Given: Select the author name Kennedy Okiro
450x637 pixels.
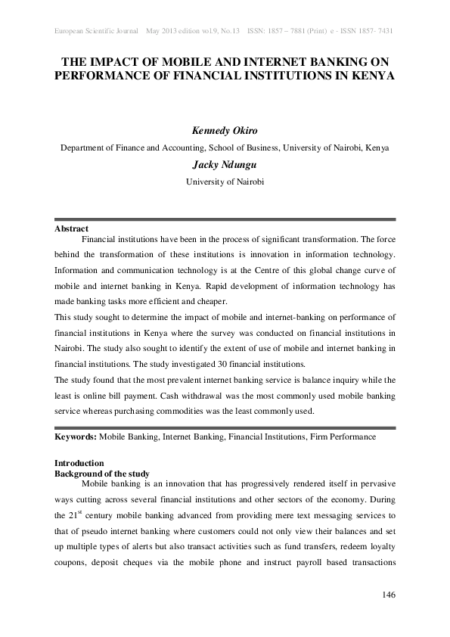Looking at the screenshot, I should pyautogui.click(x=225, y=130).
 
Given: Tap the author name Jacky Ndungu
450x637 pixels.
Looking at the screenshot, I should pyautogui.click(x=225, y=165).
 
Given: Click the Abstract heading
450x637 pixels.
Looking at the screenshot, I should pyautogui.click(x=72, y=228).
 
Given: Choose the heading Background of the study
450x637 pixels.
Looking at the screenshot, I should pyautogui.click(x=102, y=473).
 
